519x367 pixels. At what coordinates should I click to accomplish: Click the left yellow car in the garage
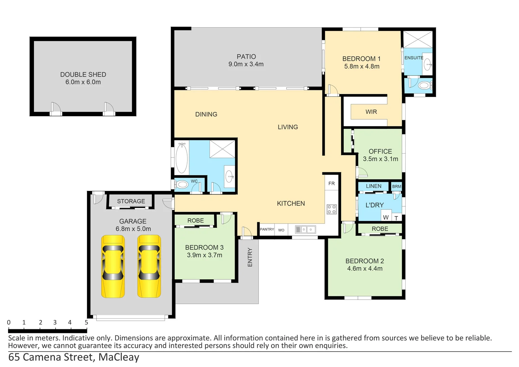113,266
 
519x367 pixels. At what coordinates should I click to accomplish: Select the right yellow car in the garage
149,266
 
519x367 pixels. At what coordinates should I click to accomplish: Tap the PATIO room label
246,57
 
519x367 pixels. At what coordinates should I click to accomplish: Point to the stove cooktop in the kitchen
332,209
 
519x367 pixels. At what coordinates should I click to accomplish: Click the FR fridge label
332,183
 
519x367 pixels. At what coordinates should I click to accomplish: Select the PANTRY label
267,229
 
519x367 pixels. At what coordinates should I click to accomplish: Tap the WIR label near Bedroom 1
371,112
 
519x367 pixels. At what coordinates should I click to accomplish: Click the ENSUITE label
413,58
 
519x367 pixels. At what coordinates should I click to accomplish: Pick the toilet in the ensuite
424,85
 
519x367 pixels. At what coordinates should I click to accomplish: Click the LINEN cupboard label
374,186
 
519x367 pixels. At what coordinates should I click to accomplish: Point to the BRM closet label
396,187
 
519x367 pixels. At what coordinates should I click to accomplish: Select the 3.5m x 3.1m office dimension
380,159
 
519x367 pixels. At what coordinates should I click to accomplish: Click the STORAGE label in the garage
131,201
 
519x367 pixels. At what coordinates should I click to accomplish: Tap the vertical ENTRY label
250,257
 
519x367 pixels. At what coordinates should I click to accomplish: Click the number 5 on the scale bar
86,322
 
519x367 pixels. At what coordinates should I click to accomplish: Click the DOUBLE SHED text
83,74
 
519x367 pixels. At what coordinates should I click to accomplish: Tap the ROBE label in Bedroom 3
195,221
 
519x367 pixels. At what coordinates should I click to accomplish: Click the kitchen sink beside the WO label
305,230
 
